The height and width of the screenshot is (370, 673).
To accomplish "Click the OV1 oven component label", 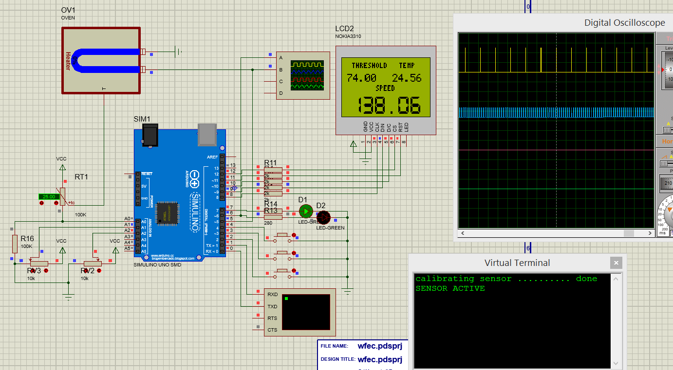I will (x=68, y=10).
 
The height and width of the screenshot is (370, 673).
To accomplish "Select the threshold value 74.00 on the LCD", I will (x=361, y=78).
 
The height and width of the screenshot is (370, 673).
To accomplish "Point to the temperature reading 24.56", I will (x=407, y=78).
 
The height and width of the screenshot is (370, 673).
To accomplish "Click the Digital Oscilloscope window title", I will (x=624, y=23).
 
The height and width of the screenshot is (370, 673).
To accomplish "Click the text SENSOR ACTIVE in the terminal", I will (x=450, y=288).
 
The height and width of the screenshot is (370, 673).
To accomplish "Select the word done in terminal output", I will (x=586, y=279).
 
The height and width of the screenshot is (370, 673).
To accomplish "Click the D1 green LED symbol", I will (x=305, y=211).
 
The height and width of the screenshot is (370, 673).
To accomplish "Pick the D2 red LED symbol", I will (x=323, y=217).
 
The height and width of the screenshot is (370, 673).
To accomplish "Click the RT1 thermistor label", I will (x=81, y=177).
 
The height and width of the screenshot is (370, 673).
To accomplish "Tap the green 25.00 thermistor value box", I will (x=49, y=196).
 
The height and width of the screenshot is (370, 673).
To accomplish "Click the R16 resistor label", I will (x=27, y=238).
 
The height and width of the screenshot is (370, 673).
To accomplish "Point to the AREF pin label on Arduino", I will (x=212, y=157).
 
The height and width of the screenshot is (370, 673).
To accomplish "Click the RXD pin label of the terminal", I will (x=272, y=295).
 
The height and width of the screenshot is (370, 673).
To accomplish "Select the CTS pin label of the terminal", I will (x=272, y=330).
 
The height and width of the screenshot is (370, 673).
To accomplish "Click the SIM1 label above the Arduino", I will (x=142, y=119).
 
